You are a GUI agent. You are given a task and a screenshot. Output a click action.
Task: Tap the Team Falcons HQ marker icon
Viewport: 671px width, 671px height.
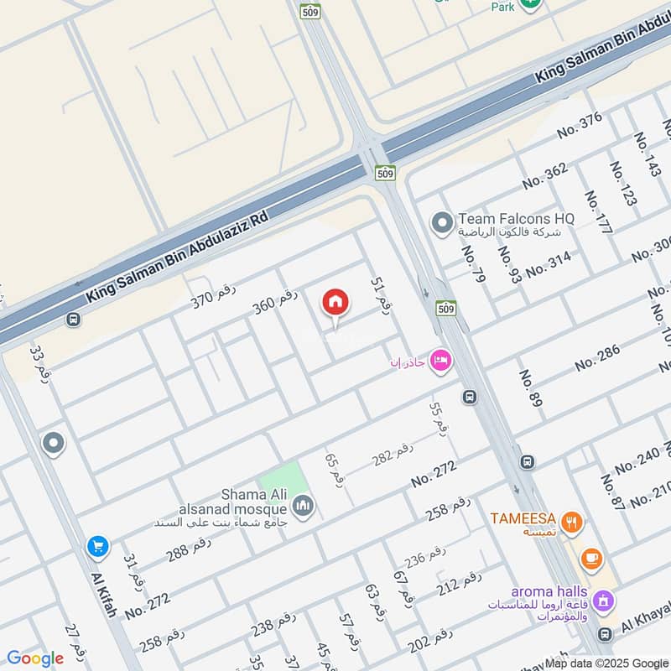[x=441, y=223]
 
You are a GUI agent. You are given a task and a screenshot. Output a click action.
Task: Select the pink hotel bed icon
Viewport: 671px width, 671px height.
[x=440, y=361]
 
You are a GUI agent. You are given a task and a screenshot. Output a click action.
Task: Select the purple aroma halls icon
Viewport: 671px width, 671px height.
[x=602, y=601]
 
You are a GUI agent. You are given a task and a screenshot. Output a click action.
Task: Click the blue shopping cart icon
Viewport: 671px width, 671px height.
[x=98, y=547]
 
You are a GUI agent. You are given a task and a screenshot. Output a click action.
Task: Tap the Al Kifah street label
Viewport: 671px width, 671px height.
[x=101, y=596]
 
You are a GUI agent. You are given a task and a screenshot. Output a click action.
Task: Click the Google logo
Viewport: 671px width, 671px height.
[x=35, y=658]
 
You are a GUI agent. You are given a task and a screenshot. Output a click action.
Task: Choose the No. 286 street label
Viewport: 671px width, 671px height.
[x=597, y=358]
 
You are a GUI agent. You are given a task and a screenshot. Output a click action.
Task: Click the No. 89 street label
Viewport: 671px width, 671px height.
[x=530, y=388]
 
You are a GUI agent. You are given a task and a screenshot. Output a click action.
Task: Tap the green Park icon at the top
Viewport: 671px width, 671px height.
[x=529, y=4]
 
